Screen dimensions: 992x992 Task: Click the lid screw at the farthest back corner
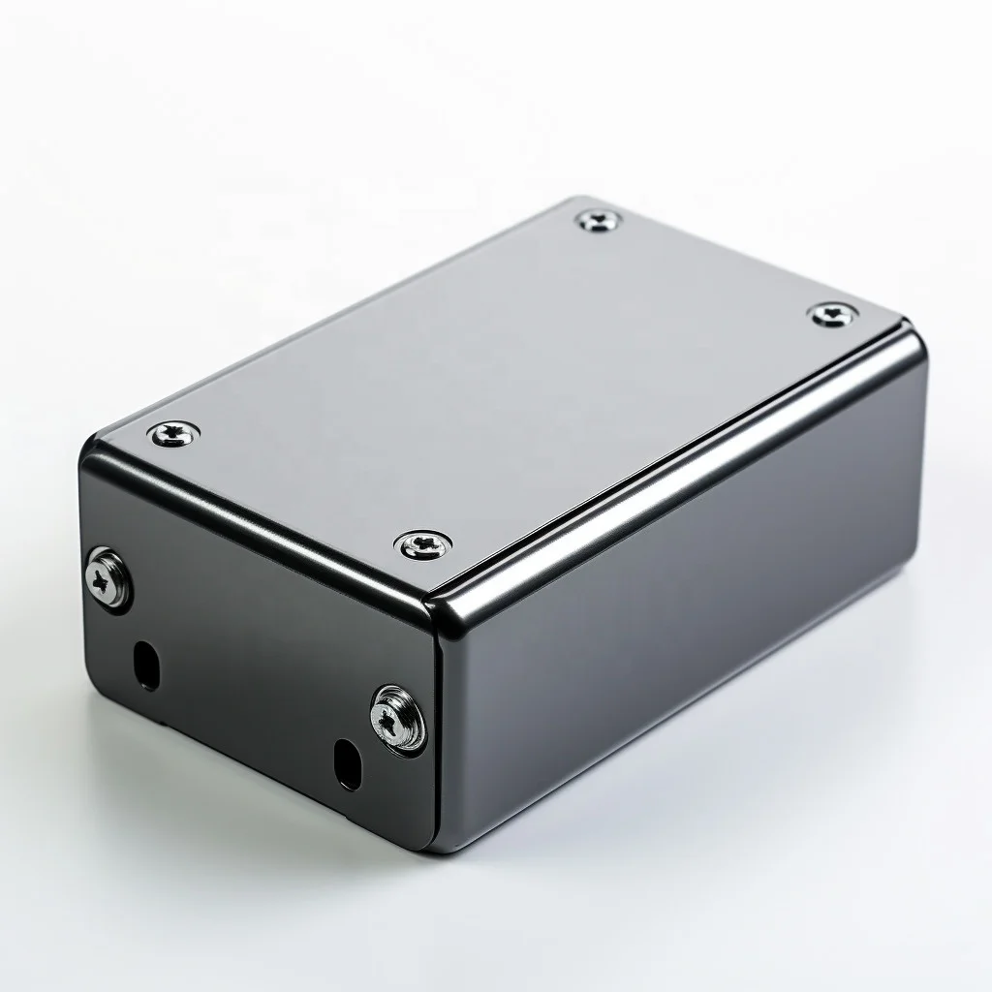(601, 221)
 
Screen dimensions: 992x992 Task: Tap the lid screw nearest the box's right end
(833, 314)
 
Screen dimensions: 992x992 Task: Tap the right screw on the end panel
(397, 718)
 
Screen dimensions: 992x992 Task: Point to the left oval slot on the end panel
(145, 665)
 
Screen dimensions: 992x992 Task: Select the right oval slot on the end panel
(345, 762)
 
